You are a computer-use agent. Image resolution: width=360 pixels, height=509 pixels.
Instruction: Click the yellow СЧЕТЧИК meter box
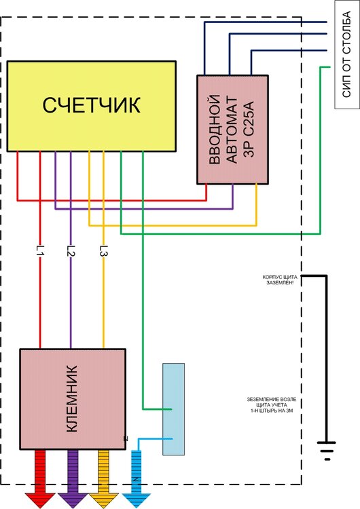coord(91,106)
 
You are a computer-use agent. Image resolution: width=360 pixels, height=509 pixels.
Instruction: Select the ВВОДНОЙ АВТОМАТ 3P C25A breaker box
coord(234,129)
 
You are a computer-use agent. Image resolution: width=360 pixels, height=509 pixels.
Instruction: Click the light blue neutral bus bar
coord(173,409)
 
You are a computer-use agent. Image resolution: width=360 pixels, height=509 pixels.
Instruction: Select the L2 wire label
coord(71,250)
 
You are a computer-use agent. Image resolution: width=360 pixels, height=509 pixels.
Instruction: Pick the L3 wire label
coord(103,250)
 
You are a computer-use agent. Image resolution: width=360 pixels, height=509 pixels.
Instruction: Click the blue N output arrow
coord(136,479)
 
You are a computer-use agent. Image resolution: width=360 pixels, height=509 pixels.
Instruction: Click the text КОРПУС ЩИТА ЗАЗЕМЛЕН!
coord(278,281)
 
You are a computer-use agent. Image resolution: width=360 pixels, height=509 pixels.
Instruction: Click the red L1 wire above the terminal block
coord(40,305)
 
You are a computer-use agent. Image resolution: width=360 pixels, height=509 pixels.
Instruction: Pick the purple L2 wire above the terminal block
coord(71,305)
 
